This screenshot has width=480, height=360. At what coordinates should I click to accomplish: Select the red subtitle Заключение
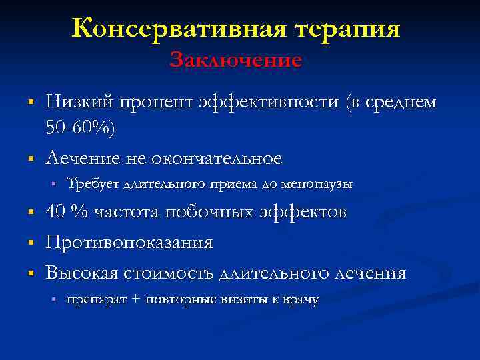click(235, 60)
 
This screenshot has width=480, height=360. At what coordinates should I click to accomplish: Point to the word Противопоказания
click(129, 243)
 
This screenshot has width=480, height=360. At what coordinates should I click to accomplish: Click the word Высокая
click(83, 273)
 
